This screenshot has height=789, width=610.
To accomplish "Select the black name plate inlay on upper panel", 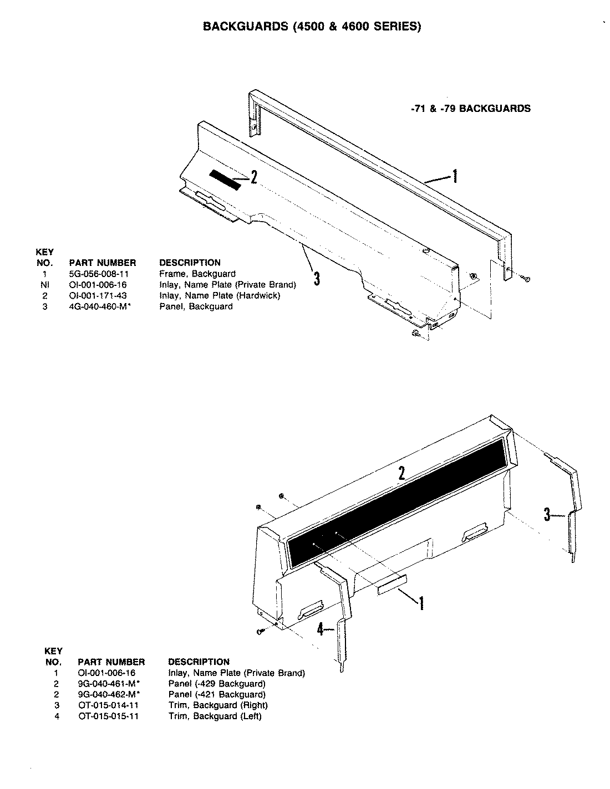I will [x=225, y=180].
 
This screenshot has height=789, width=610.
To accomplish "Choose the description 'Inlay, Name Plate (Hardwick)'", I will [x=220, y=295].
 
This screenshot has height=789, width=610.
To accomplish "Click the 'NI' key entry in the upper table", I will [x=45, y=285].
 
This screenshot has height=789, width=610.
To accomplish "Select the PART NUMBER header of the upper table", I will [x=103, y=263].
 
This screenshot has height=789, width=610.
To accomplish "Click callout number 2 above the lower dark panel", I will [x=401, y=473].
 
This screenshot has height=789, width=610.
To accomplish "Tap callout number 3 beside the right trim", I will [x=547, y=515].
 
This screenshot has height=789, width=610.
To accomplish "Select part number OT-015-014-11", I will [x=108, y=705].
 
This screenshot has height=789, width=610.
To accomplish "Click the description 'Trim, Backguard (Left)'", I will [x=215, y=716].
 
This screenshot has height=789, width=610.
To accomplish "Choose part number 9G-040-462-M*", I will [x=109, y=694].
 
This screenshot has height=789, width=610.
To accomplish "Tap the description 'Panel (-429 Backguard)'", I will [x=217, y=683].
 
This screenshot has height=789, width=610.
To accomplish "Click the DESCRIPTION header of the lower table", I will [x=199, y=662].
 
